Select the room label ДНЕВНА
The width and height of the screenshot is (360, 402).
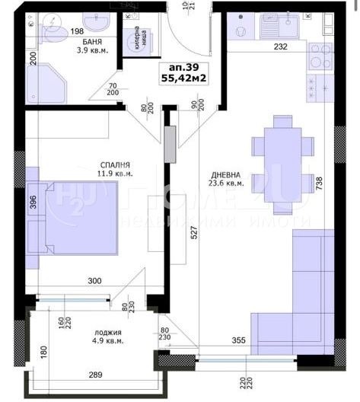pos(227,171)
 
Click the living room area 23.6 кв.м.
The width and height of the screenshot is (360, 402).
pos(227,182)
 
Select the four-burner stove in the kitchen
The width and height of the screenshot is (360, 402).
pos(320,55)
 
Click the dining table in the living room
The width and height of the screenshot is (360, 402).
pos(282,155)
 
